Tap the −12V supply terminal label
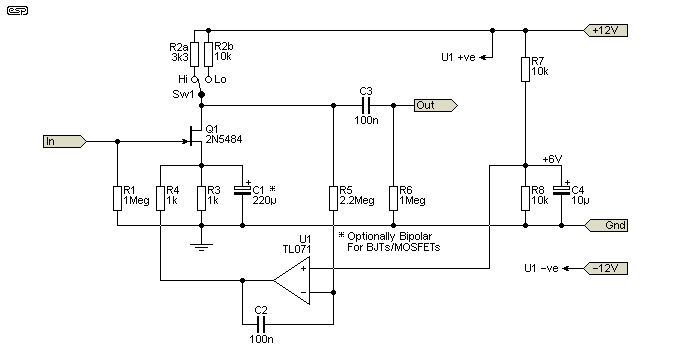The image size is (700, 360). tap(608, 269)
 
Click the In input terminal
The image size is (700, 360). tap(62, 141)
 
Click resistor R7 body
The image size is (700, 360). tap(525, 69)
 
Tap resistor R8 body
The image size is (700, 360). tap(525, 196)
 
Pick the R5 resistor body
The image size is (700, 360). tap(334, 196)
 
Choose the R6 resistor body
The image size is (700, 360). tap(392, 196)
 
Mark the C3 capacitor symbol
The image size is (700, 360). tap(365, 104)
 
